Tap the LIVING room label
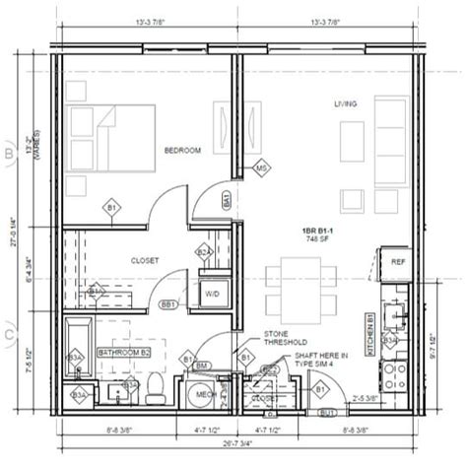(344, 103)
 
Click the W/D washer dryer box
(212, 294)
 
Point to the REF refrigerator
(398, 262)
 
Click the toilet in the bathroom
(155, 388)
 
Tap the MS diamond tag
(262, 168)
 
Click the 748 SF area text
(317, 239)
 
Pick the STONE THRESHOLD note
(287, 340)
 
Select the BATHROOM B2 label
(123, 351)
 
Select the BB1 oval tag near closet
(168, 305)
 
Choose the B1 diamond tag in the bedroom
(111, 208)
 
